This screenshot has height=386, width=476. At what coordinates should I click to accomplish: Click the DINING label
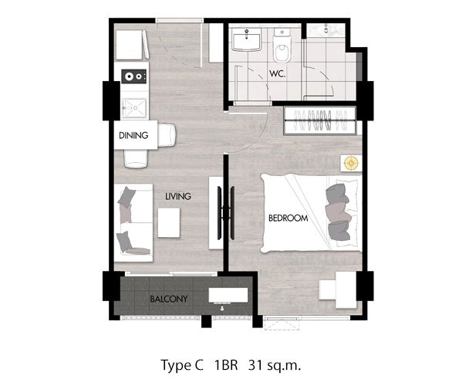click(x=133, y=136)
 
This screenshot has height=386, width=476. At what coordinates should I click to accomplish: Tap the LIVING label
click(x=177, y=197)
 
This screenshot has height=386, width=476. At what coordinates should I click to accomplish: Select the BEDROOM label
click(x=288, y=218)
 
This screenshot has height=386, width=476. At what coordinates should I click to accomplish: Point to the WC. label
click(x=279, y=75)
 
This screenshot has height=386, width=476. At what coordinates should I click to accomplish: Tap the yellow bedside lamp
click(x=351, y=164)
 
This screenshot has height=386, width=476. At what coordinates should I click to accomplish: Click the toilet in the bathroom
click(x=282, y=49)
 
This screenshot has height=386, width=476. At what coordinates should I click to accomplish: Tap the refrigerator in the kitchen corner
click(x=131, y=44)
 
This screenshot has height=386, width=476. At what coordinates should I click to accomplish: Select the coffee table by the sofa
click(x=170, y=224)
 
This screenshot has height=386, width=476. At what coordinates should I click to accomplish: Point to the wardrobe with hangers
click(x=320, y=120)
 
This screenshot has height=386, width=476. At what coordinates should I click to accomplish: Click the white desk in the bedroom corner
click(x=338, y=289)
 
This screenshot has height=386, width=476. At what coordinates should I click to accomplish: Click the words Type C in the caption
click(x=182, y=364)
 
